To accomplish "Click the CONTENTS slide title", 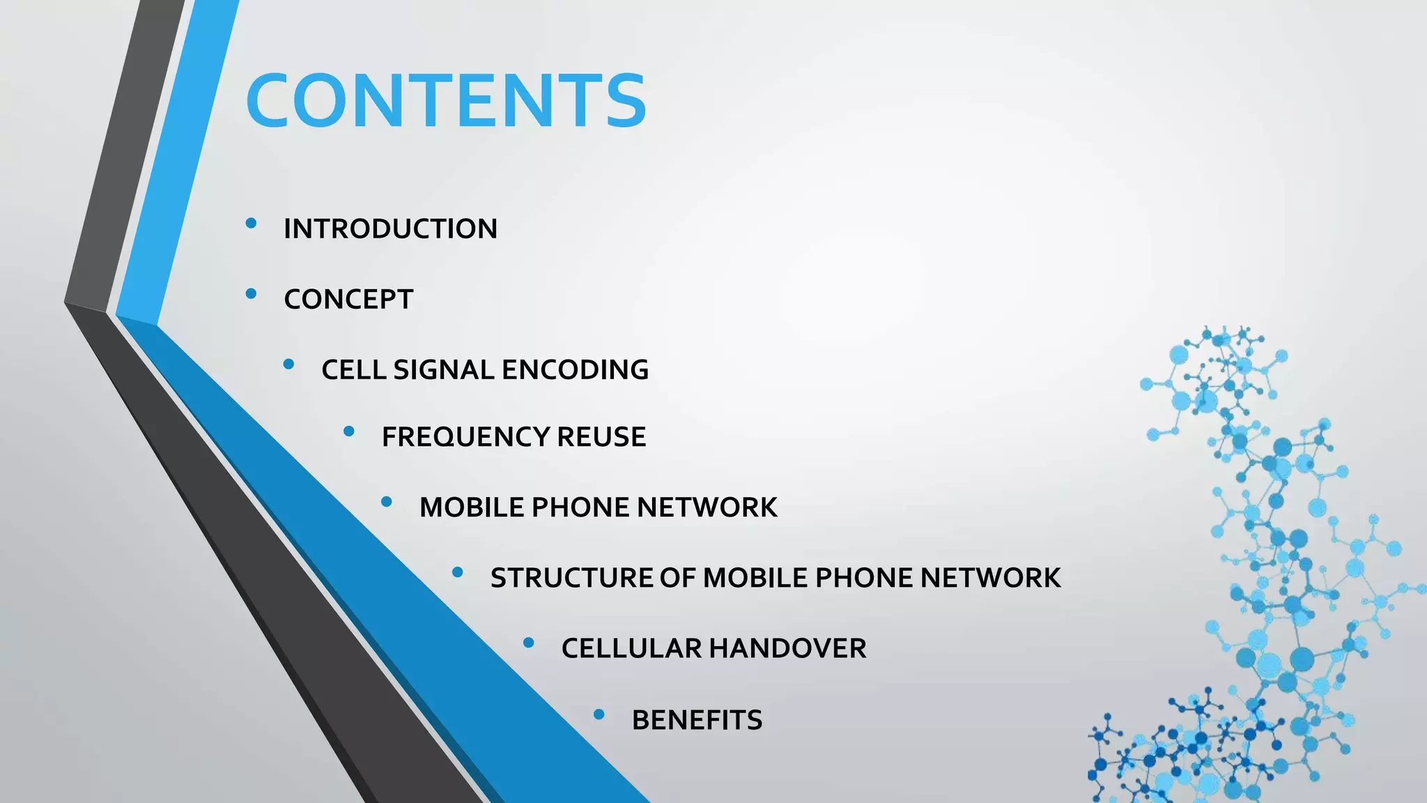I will (446, 101).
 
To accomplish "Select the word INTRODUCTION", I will (390, 229).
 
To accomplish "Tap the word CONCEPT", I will (348, 299).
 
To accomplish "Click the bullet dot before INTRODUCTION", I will (252, 223).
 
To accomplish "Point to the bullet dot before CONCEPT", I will (252, 293).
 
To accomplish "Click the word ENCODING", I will (575, 369).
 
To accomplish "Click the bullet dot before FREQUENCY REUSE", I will (349, 432).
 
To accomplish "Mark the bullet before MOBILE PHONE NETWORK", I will (387, 502).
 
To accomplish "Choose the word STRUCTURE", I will (570, 578).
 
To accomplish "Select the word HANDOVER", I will (787, 648).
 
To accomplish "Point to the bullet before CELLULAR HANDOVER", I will (529, 643).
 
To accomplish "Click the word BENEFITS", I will (697, 720).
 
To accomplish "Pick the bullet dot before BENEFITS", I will (599, 714).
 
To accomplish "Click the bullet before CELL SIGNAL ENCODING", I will (289, 364).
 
